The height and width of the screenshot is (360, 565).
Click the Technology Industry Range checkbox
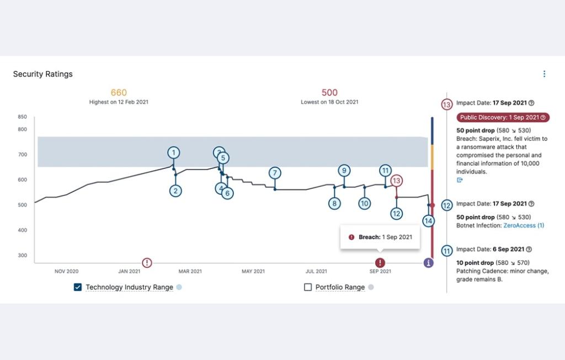point(78,287)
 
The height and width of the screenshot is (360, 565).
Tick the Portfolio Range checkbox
point(308,287)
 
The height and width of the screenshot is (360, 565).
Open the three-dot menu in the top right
point(544,74)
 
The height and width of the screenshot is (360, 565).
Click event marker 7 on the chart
point(274,173)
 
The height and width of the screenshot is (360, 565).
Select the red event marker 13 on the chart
point(396,181)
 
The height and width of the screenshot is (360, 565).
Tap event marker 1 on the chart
point(174,152)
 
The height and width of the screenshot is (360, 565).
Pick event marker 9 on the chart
point(344,170)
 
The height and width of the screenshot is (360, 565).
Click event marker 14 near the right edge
point(428,221)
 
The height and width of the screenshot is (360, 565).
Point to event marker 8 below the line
point(334,203)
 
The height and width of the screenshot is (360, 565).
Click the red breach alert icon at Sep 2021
point(380,263)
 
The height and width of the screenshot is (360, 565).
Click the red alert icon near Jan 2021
point(147,263)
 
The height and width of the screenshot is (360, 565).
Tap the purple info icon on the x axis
point(428,263)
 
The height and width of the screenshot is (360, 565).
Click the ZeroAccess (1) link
point(523,225)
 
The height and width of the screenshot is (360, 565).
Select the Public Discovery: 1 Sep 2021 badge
point(503,118)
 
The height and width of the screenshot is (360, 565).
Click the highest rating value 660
point(119,93)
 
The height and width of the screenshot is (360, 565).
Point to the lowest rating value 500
point(329,93)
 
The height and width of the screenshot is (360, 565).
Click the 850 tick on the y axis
point(22,117)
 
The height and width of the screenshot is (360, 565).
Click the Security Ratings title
point(43,74)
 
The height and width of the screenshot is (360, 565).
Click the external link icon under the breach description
point(460,180)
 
